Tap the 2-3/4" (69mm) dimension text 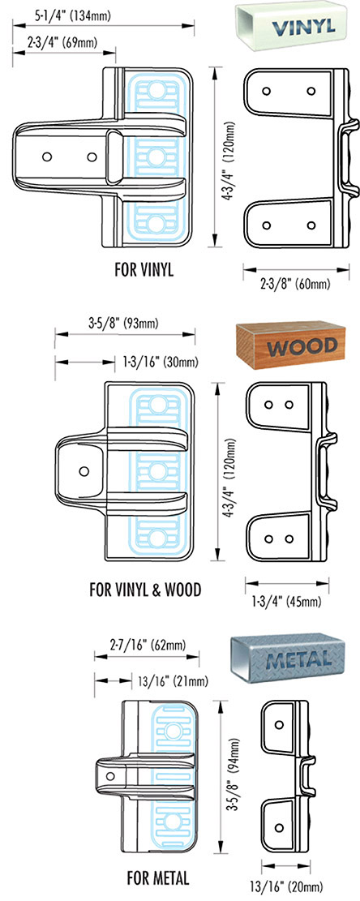click(x=62, y=41)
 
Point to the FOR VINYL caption click(x=144, y=270)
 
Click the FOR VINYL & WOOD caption click(x=145, y=590)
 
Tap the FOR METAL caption click(x=158, y=878)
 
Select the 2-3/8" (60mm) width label click(x=296, y=283)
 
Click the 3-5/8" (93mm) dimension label click(x=123, y=323)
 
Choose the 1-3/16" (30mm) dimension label click(x=161, y=362)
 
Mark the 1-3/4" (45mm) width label click(x=287, y=602)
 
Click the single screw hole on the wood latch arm click(x=84, y=471)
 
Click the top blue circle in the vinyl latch click(x=156, y=90)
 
